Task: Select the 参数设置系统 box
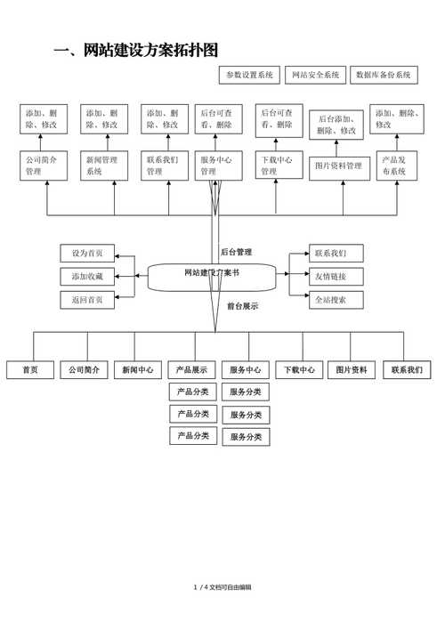(x=249, y=76)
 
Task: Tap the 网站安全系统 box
(x=315, y=76)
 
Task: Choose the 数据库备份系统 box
(x=384, y=76)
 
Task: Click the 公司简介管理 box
(x=44, y=166)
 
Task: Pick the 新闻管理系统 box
(x=104, y=166)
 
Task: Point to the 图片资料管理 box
(x=339, y=166)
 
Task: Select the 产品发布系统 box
(x=396, y=166)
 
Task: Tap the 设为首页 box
(x=87, y=253)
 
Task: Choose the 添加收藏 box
(x=87, y=277)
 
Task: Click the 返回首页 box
(x=87, y=300)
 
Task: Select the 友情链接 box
(x=336, y=276)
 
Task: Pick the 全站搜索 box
(x=336, y=300)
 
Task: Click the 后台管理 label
(x=236, y=252)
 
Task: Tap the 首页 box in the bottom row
(x=30, y=370)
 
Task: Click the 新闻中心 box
(x=137, y=370)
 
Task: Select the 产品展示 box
(x=192, y=370)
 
